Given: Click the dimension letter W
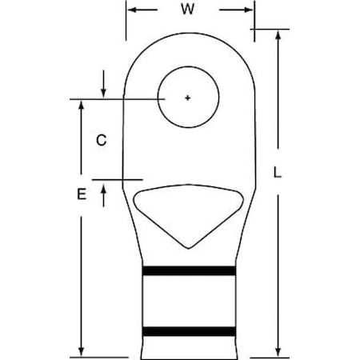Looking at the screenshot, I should pos(188,10).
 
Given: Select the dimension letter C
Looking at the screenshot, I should pos(101,140).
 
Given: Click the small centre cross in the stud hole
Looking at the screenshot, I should pos(188,98).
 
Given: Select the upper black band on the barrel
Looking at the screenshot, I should pos(189,271).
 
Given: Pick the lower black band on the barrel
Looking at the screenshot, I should pos(189,330).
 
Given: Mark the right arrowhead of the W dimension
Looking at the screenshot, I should pos(249,10).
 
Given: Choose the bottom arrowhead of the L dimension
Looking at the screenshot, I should pos(278,351).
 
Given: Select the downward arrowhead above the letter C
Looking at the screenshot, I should pos(104,93).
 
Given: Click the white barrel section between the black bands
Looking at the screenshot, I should pos(189,301).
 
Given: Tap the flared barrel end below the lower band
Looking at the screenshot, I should pos(189,346).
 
